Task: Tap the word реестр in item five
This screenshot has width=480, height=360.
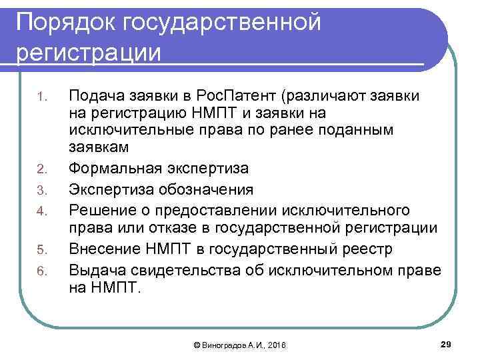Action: [390, 248]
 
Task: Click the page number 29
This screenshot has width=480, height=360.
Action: [447, 343]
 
